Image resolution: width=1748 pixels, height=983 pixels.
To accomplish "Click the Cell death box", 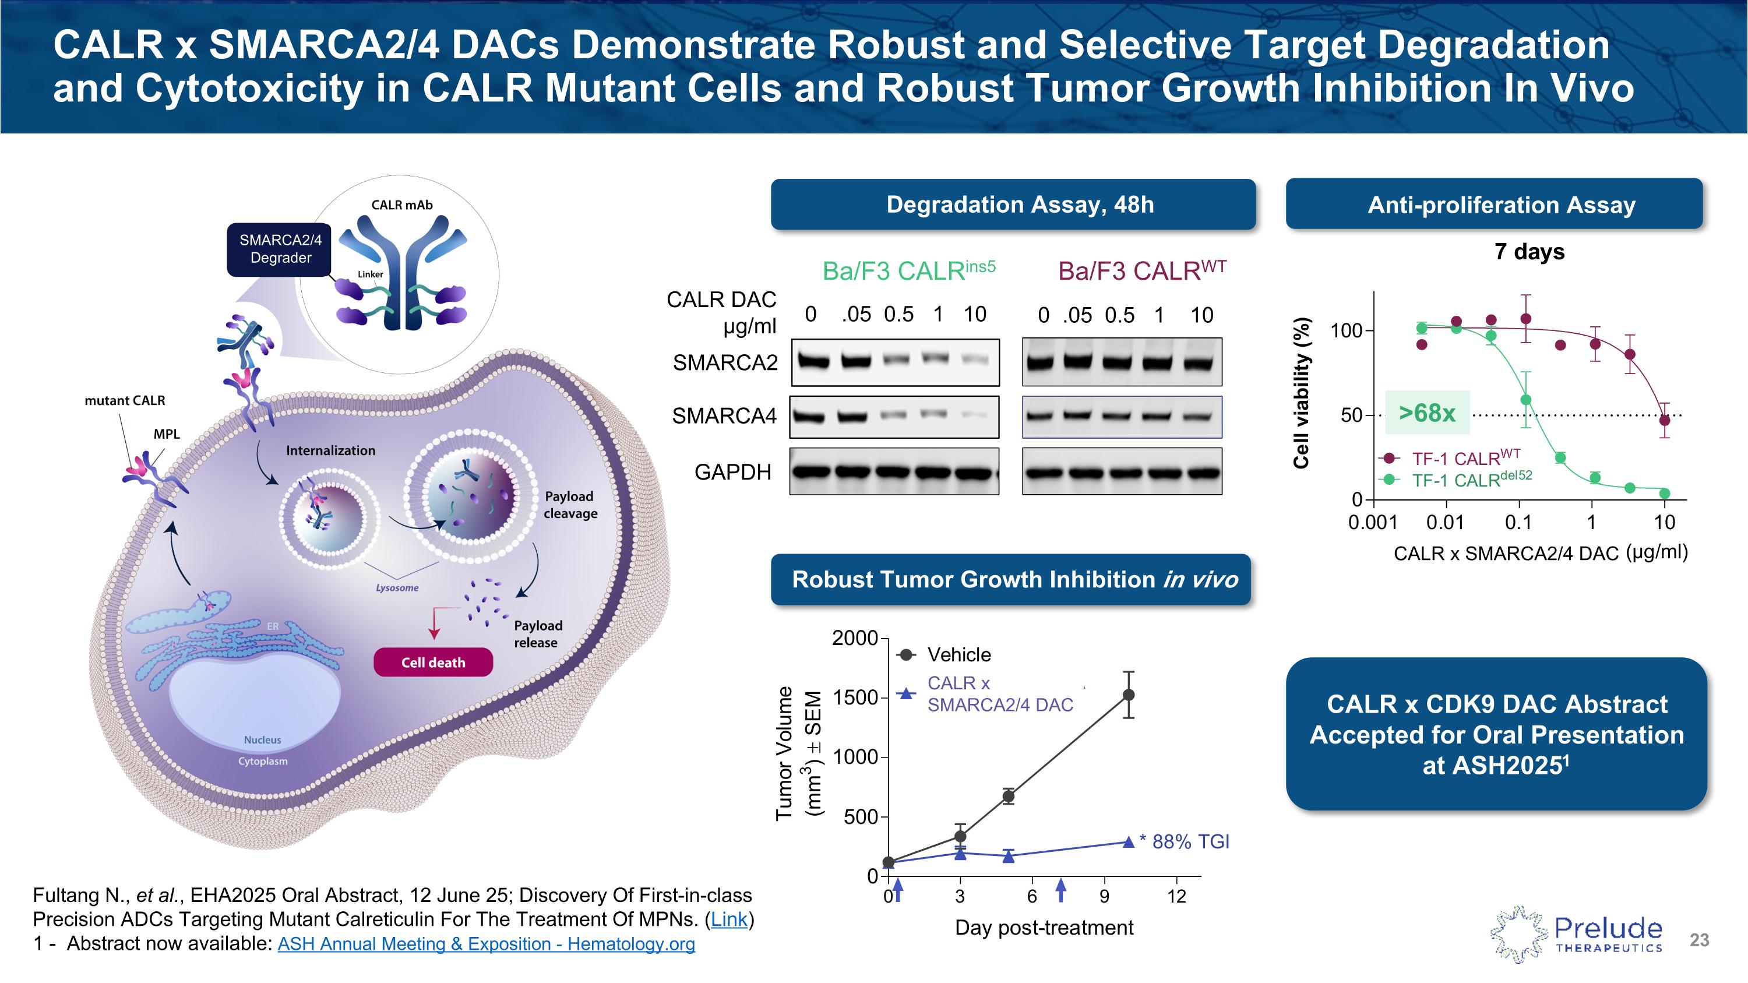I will pos(433,662).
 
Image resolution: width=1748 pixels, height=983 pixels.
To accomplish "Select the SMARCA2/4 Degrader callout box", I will pos(280,249).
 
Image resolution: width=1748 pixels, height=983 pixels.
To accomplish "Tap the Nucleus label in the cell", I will pos(263,739).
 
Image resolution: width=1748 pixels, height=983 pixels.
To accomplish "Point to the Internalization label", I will pos(330,450).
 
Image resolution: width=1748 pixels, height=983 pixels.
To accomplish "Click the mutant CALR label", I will pos(125,400).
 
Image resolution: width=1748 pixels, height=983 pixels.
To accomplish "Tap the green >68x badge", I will pos(1426,413).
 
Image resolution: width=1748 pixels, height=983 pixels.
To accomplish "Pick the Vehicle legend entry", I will pos(958,655).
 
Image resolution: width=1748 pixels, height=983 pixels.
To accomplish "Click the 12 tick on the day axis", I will pos(1176,896).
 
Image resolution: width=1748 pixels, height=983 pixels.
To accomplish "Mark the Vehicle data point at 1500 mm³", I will pos(1129,695).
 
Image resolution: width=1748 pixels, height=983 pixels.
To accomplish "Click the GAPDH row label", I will pos(732,471).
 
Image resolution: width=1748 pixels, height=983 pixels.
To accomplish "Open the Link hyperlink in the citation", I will pos(729,919).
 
